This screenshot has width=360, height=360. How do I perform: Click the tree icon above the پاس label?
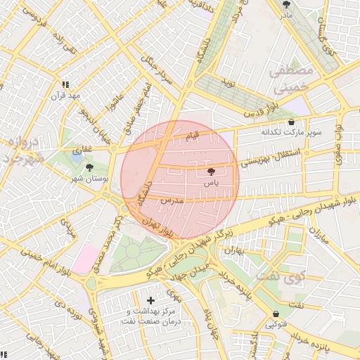click(x=210, y=171)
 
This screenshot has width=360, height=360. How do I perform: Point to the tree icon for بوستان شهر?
click(x=89, y=167)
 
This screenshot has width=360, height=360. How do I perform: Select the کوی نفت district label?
click(x=281, y=276)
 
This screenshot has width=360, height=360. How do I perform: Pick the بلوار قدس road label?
click(x=261, y=108)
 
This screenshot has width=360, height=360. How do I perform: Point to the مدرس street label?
click(x=172, y=201)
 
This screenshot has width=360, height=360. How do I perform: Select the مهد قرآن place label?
click(x=70, y=95)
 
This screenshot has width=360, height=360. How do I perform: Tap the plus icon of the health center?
click(x=150, y=300)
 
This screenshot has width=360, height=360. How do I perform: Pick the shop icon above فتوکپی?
click(x=276, y=314)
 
